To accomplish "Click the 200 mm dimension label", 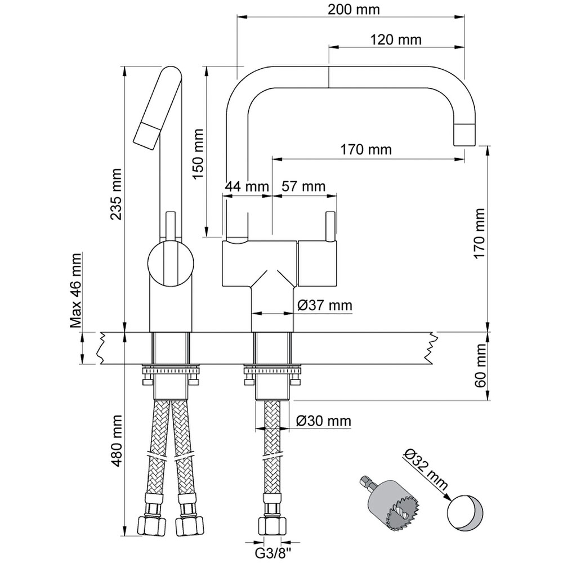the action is [354, 10].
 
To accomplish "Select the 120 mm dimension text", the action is [395, 39].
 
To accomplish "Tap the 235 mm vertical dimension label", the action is [116, 194].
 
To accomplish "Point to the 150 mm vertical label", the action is [198, 155].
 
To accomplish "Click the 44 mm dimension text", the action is [247, 186].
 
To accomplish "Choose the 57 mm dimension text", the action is [303, 186].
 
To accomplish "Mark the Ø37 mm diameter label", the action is [325, 306].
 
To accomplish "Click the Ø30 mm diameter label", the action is [324, 421].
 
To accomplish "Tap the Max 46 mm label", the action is [76, 291].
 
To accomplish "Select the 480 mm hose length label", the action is [116, 441].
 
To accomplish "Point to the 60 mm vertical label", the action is [480, 365].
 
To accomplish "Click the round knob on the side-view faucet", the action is [171, 264].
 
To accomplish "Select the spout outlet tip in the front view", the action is [466, 135].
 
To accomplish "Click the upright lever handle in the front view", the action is [330, 226].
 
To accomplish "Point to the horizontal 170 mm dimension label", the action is [366, 149].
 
